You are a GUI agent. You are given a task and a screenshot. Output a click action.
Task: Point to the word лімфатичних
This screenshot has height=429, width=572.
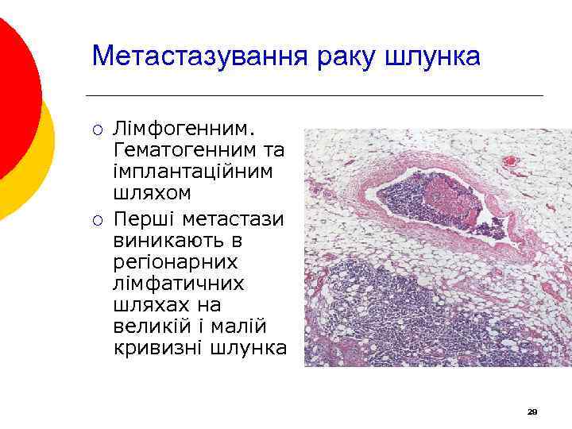(x=180, y=284)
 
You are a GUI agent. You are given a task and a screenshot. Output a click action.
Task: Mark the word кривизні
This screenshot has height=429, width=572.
(x=155, y=348)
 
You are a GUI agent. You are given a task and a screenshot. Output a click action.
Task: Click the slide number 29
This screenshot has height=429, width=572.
(x=532, y=412)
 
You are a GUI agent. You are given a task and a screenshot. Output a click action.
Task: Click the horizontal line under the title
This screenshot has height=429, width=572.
(x=318, y=96)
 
